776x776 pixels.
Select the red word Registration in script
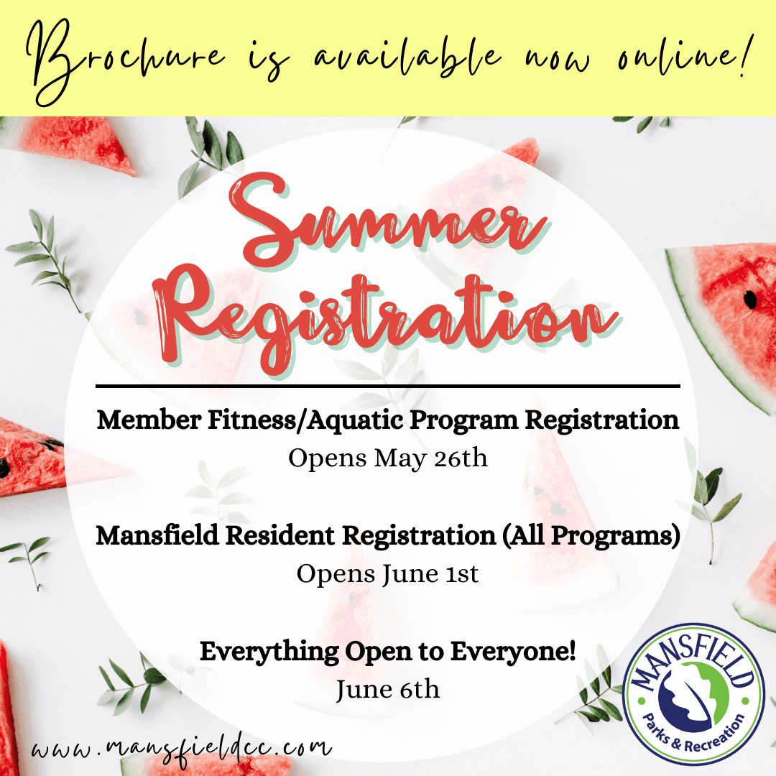388,316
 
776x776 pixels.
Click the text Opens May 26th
388,458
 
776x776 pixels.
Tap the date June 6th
388,690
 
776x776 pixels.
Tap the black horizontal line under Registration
388,386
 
